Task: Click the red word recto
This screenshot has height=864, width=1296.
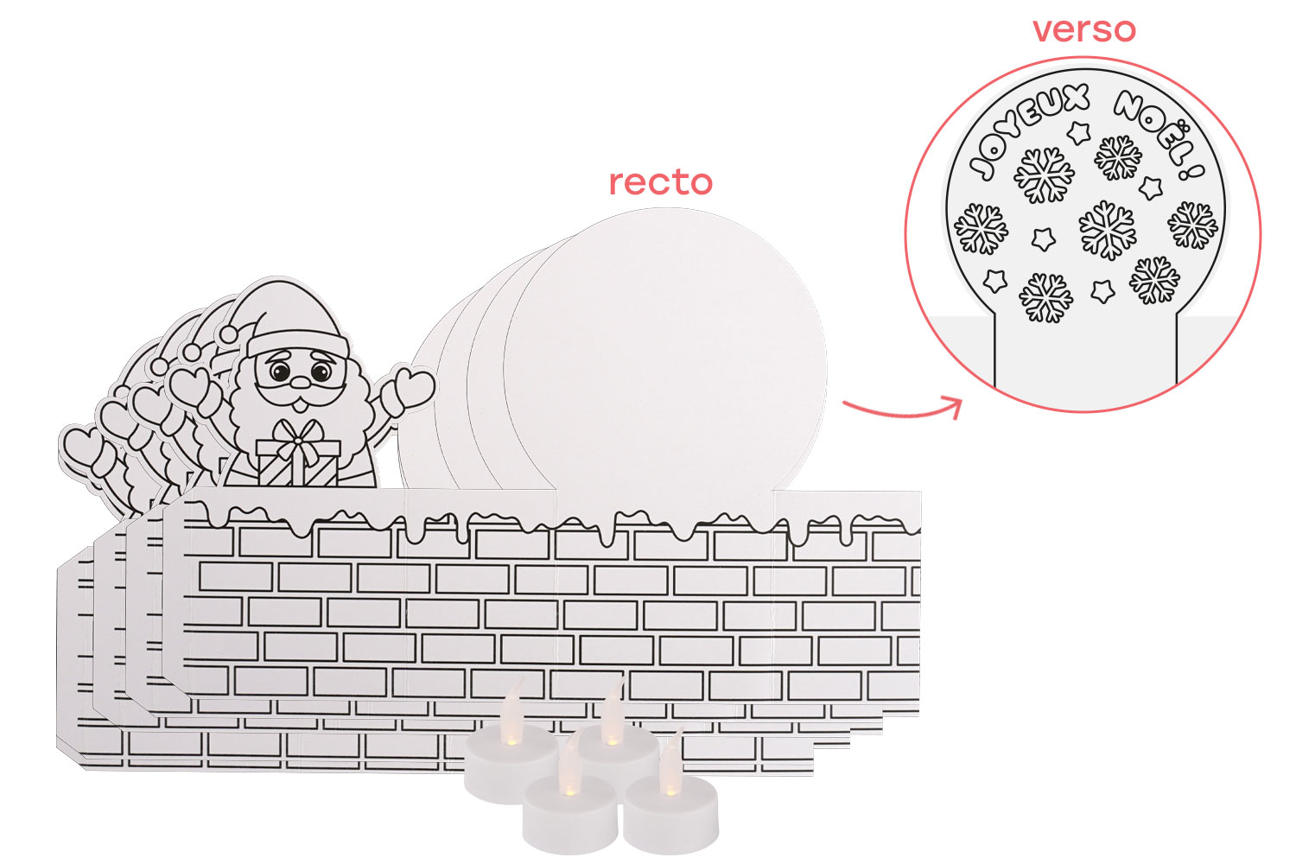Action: pos(660,182)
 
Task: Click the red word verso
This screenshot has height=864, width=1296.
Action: pos(1083,30)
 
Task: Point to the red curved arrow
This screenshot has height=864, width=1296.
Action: pos(903,408)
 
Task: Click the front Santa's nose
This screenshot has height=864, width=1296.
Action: pos(299,381)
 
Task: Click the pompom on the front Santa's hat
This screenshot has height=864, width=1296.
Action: pos(230,333)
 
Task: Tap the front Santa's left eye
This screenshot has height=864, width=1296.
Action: pos(281,372)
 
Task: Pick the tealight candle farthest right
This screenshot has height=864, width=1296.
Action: pos(671,810)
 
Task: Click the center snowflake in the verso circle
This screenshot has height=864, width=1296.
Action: pos(1106,229)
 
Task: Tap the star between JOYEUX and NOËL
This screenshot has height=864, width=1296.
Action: pos(1078,132)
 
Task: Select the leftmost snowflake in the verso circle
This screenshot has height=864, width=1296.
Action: pos(982,229)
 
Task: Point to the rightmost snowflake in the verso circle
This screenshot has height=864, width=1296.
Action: pos(1192,226)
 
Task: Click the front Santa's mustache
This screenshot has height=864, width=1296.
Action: pos(299,393)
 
